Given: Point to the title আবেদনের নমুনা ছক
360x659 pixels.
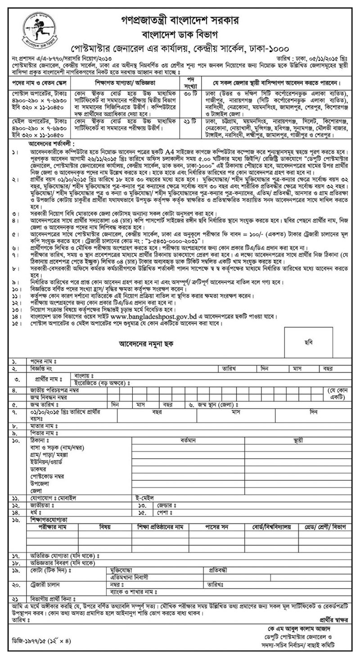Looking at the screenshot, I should (x=145, y=343).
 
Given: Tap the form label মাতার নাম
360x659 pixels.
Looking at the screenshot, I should (x=43, y=425).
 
